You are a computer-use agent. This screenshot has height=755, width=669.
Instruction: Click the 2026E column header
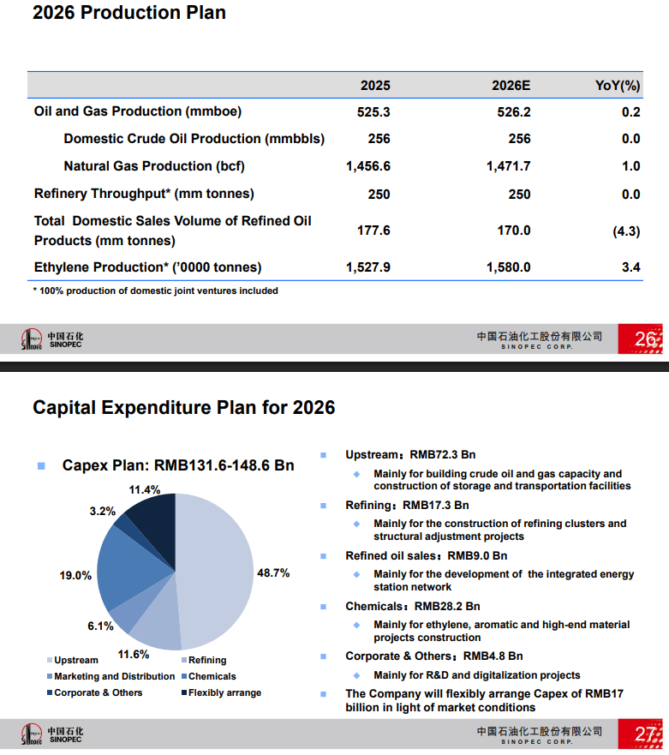tap(511, 85)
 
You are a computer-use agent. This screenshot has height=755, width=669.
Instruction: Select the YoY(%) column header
tap(618, 85)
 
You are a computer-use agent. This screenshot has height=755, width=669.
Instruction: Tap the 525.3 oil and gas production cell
tap(373, 111)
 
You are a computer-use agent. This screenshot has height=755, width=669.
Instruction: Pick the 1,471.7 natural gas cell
tap(508, 166)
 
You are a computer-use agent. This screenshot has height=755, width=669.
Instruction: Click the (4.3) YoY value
tap(626, 231)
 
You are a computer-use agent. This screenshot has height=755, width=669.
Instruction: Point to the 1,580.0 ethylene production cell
tap(508, 267)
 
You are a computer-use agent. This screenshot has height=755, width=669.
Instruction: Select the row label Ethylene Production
tap(148, 267)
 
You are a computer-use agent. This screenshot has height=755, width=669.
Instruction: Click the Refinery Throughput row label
tap(144, 194)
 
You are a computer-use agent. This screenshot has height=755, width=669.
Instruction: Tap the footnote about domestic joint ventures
tap(155, 291)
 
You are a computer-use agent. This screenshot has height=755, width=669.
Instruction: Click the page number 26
tap(646, 340)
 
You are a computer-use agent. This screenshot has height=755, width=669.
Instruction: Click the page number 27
tap(646, 734)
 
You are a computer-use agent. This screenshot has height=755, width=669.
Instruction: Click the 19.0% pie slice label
tap(75, 576)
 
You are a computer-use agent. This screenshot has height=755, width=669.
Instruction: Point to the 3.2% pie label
tap(102, 512)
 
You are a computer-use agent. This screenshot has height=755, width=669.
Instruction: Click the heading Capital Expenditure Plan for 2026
tap(183, 407)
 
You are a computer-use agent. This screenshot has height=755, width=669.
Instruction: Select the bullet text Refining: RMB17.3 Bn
tap(407, 506)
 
